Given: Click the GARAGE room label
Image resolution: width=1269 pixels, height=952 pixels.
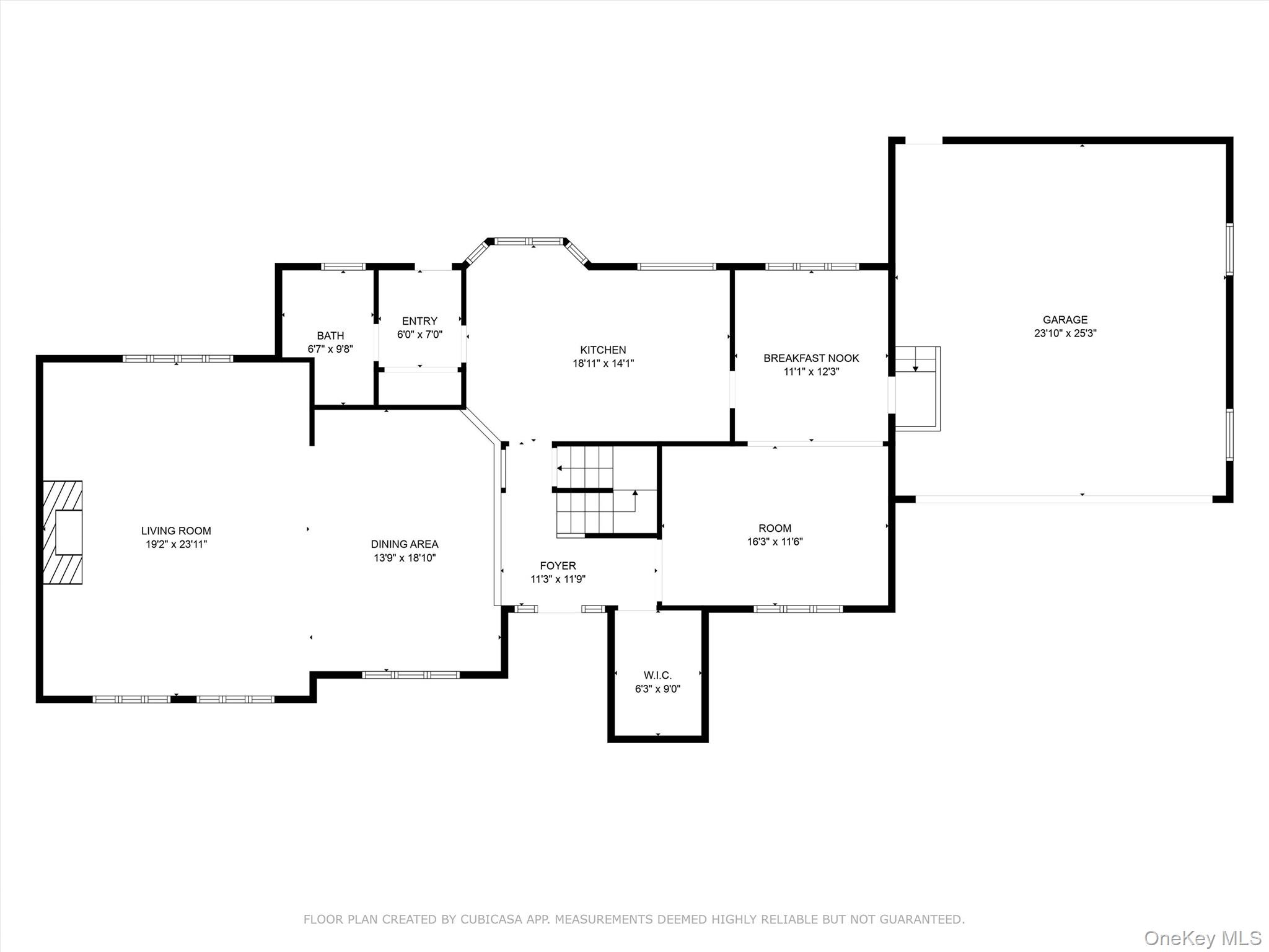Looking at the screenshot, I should (1065, 320).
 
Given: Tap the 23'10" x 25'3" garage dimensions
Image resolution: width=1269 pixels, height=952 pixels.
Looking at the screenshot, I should (1065, 333).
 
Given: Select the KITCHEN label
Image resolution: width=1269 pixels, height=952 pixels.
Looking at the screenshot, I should (603, 350).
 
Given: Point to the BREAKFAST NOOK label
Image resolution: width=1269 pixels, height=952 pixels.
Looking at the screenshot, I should (811, 358).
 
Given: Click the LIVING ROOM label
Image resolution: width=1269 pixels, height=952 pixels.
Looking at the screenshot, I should (176, 531).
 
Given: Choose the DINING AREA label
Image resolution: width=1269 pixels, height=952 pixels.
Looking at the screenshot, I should (405, 544).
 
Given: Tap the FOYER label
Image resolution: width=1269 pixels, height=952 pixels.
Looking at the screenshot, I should (558, 566).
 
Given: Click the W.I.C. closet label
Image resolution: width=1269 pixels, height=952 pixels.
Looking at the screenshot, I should (657, 676).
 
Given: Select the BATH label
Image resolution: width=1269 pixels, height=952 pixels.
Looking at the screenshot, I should (330, 336).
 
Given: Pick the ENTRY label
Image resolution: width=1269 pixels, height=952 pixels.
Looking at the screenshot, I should (419, 321).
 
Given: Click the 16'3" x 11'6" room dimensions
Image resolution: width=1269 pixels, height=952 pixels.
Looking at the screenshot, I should (775, 542).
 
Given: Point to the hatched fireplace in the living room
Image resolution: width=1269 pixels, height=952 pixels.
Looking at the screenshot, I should (63, 532).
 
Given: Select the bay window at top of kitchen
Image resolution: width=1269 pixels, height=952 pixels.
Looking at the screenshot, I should (530, 242).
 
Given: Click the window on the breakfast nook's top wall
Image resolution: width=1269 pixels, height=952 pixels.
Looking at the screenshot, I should (812, 267).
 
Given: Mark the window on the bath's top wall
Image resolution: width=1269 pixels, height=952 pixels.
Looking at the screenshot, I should (343, 267).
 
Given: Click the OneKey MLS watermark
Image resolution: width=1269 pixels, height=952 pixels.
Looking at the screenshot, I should (1202, 938).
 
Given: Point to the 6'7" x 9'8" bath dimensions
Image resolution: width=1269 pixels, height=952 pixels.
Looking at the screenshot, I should (330, 350).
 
